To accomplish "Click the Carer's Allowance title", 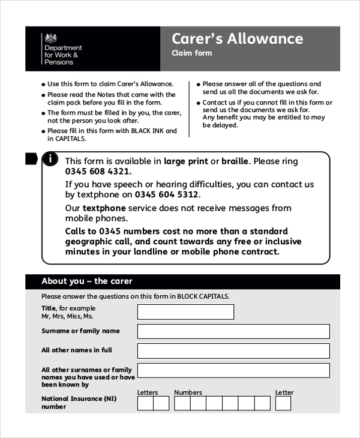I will coord(237,39).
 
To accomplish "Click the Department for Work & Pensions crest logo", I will coord(50,38).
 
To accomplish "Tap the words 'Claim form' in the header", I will coord(191,53).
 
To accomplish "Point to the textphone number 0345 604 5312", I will coord(166,195).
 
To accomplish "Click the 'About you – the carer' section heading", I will coord(86,281).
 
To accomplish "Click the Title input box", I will coord(185,312).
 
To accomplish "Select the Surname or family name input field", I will coord(233,332).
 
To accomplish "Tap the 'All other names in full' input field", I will coord(233,351).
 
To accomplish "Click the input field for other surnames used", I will coord(233,370).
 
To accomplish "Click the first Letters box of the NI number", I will coord(145,403).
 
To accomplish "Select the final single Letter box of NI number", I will coord(283,403).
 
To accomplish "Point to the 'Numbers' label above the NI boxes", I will coord(188,392).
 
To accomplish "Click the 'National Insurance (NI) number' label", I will coord(79,402).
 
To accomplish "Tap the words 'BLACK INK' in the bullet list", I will coord(147,130).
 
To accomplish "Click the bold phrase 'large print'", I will coord(185,161).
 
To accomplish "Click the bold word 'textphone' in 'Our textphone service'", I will coord(104,208).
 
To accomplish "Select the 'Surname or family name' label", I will coord(80,331).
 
